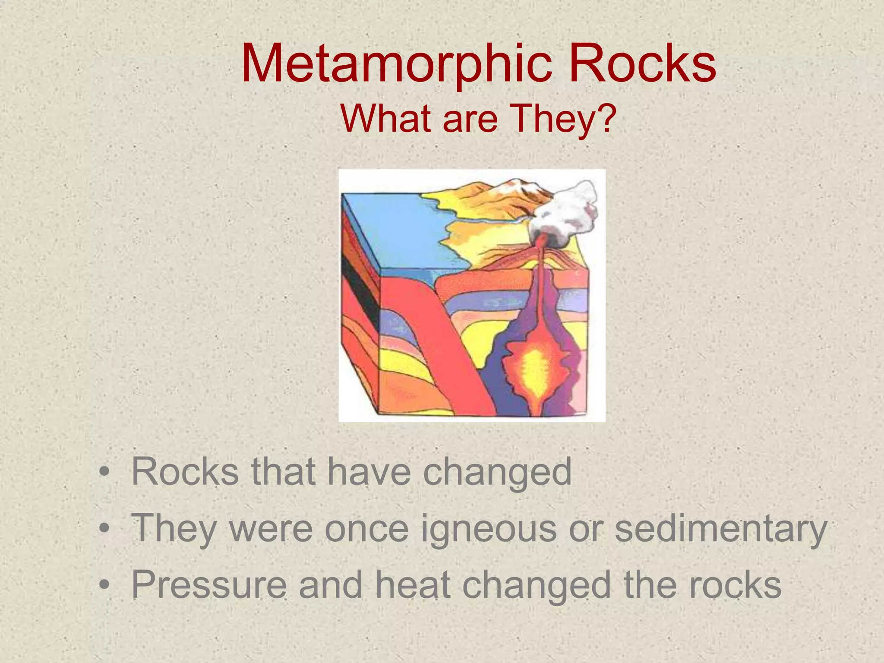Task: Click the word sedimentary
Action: [x=720, y=529]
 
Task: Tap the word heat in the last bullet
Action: [x=413, y=585]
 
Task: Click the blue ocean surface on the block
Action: [x=397, y=233]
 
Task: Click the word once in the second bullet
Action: [x=366, y=529]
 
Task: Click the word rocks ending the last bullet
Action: [x=735, y=585]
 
